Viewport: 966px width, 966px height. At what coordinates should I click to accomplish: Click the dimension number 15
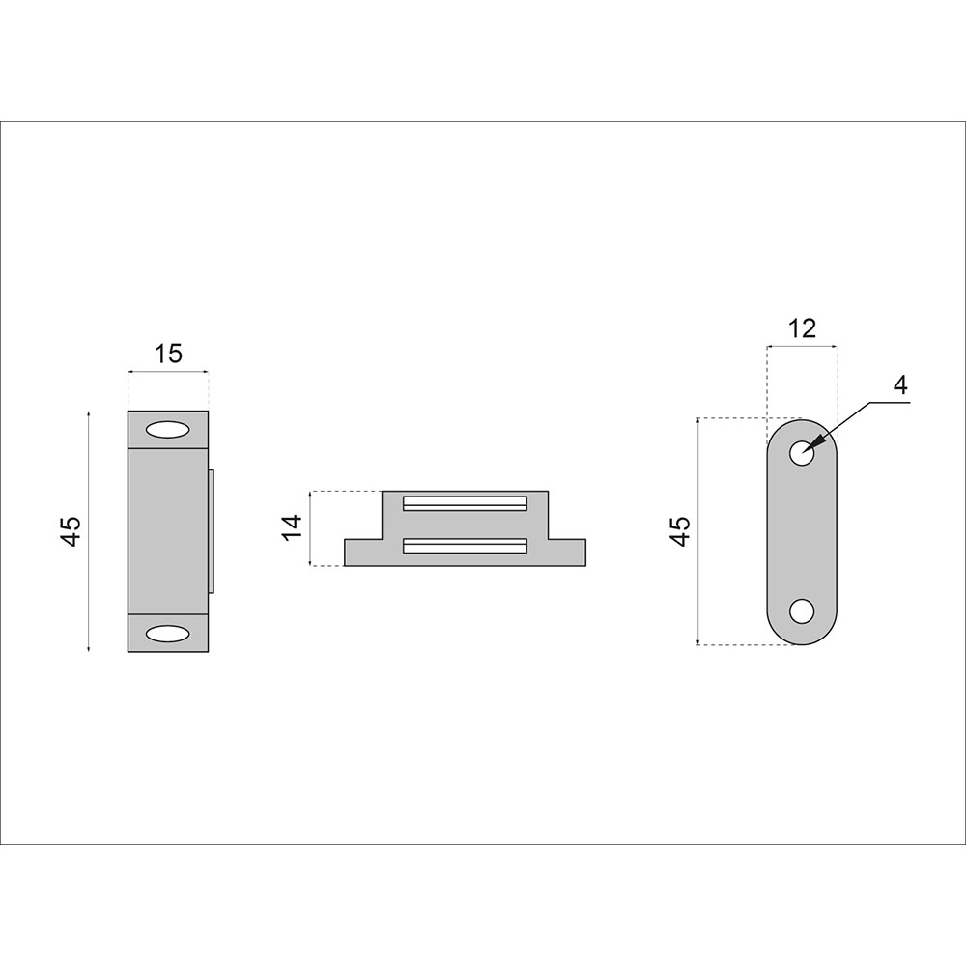coord(168,354)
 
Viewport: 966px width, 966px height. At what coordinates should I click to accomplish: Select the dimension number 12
coord(802,328)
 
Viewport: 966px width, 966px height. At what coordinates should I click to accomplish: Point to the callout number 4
coord(900,385)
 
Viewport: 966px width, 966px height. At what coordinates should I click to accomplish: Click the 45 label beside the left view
coord(71,530)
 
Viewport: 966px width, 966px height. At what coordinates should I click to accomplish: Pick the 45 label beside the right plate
coord(680,531)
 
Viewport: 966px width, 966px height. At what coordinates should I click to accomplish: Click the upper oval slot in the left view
coord(167,430)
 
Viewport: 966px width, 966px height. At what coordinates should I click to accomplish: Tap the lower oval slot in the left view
coord(167,634)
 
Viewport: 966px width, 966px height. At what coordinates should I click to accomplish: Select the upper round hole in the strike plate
coord(802,453)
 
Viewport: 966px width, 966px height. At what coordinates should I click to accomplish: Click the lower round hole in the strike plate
coord(802,611)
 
